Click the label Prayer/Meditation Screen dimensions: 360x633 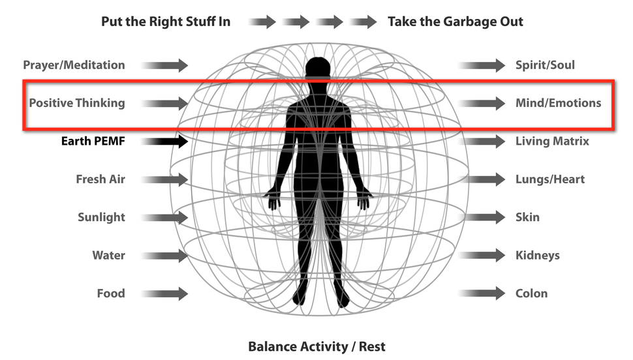(x=74, y=65)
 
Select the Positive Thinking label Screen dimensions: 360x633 (x=77, y=103)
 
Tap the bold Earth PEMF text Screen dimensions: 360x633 (x=93, y=141)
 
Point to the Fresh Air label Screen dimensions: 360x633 (x=100, y=179)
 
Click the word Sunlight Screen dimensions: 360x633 (x=101, y=217)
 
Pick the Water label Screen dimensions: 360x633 (x=108, y=256)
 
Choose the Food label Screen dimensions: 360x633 (x=111, y=293)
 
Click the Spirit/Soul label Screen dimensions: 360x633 (x=545, y=65)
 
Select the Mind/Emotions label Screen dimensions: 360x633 (x=558, y=103)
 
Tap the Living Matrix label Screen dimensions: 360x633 (x=552, y=141)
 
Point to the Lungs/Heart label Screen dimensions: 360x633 (x=550, y=179)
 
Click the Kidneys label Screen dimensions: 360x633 (x=538, y=256)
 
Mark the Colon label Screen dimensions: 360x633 (x=531, y=293)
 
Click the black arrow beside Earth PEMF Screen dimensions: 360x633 (x=164, y=141)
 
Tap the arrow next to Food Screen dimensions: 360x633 (x=164, y=293)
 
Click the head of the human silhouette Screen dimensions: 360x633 (x=318, y=70)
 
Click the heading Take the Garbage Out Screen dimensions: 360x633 (x=455, y=22)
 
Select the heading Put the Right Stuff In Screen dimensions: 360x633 (x=166, y=22)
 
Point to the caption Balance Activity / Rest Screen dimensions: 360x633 (x=316, y=346)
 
